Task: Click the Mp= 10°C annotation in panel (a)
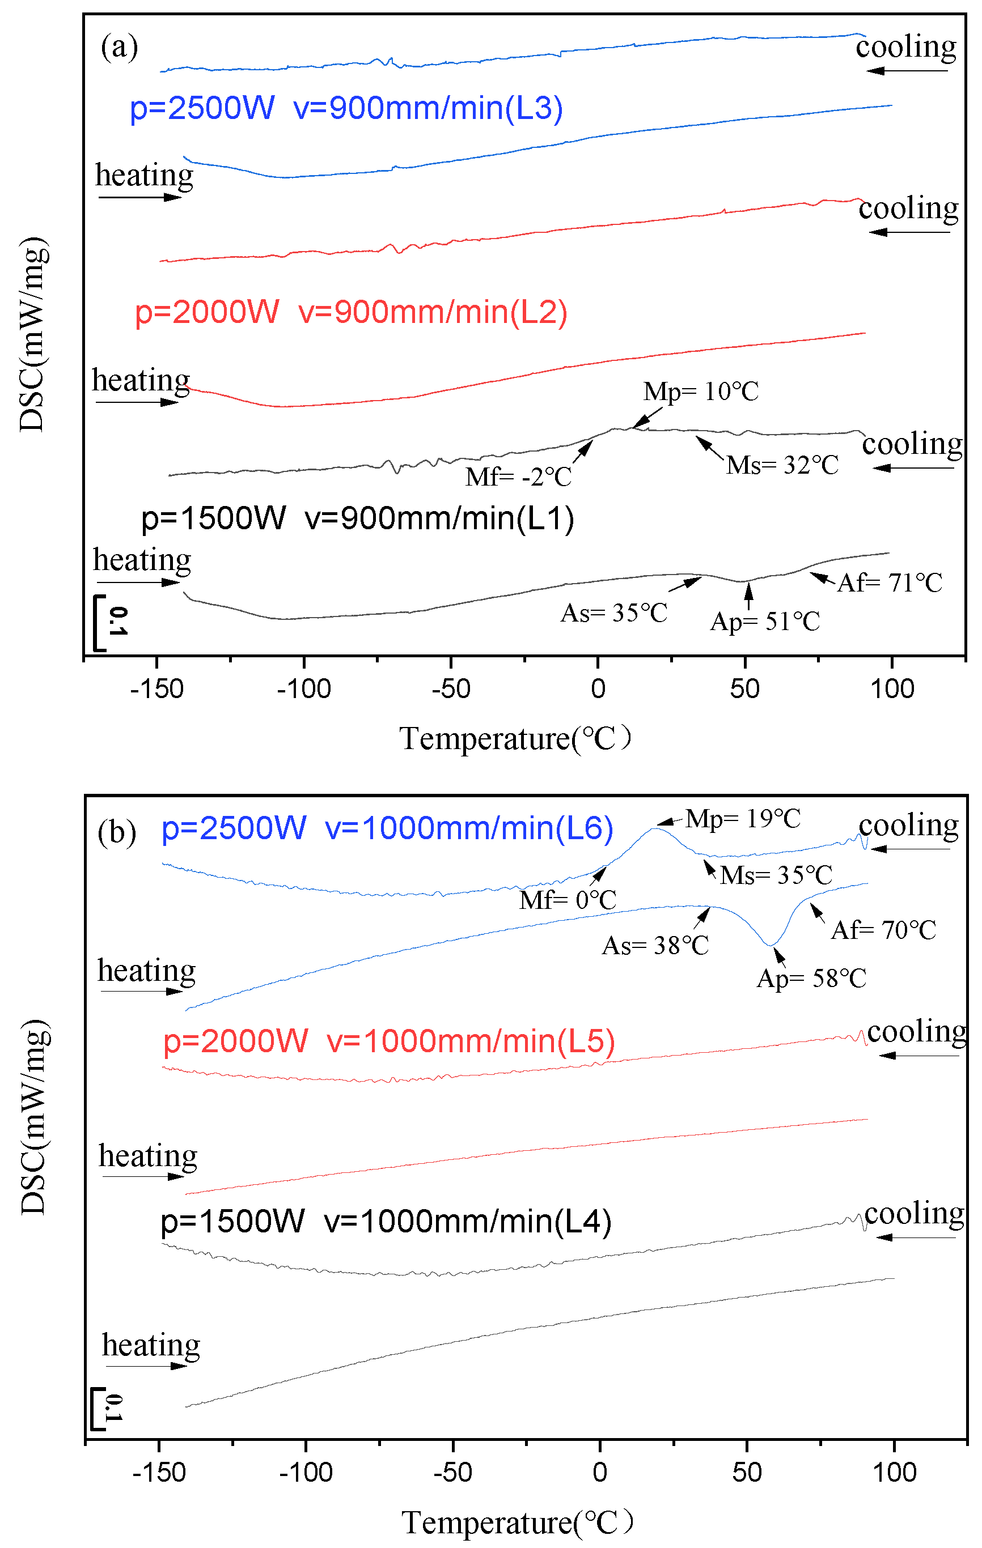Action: (701, 391)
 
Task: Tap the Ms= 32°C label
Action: (782, 465)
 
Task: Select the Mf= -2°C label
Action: (518, 477)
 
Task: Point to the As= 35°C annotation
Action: (613, 613)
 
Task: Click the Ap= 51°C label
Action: (765, 622)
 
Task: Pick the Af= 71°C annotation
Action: (890, 583)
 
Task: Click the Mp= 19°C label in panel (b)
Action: (743, 819)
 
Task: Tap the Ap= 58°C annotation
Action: (811, 979)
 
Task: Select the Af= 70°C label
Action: (883, 930)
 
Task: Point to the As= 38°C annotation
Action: (655, 946)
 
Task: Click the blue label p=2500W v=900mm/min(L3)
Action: (346, 108)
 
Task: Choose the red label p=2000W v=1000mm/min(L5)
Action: (388, 1041)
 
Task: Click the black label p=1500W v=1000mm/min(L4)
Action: (386, 1221)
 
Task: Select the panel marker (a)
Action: (119, 47)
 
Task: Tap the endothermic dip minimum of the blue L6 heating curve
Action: (771, 945)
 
